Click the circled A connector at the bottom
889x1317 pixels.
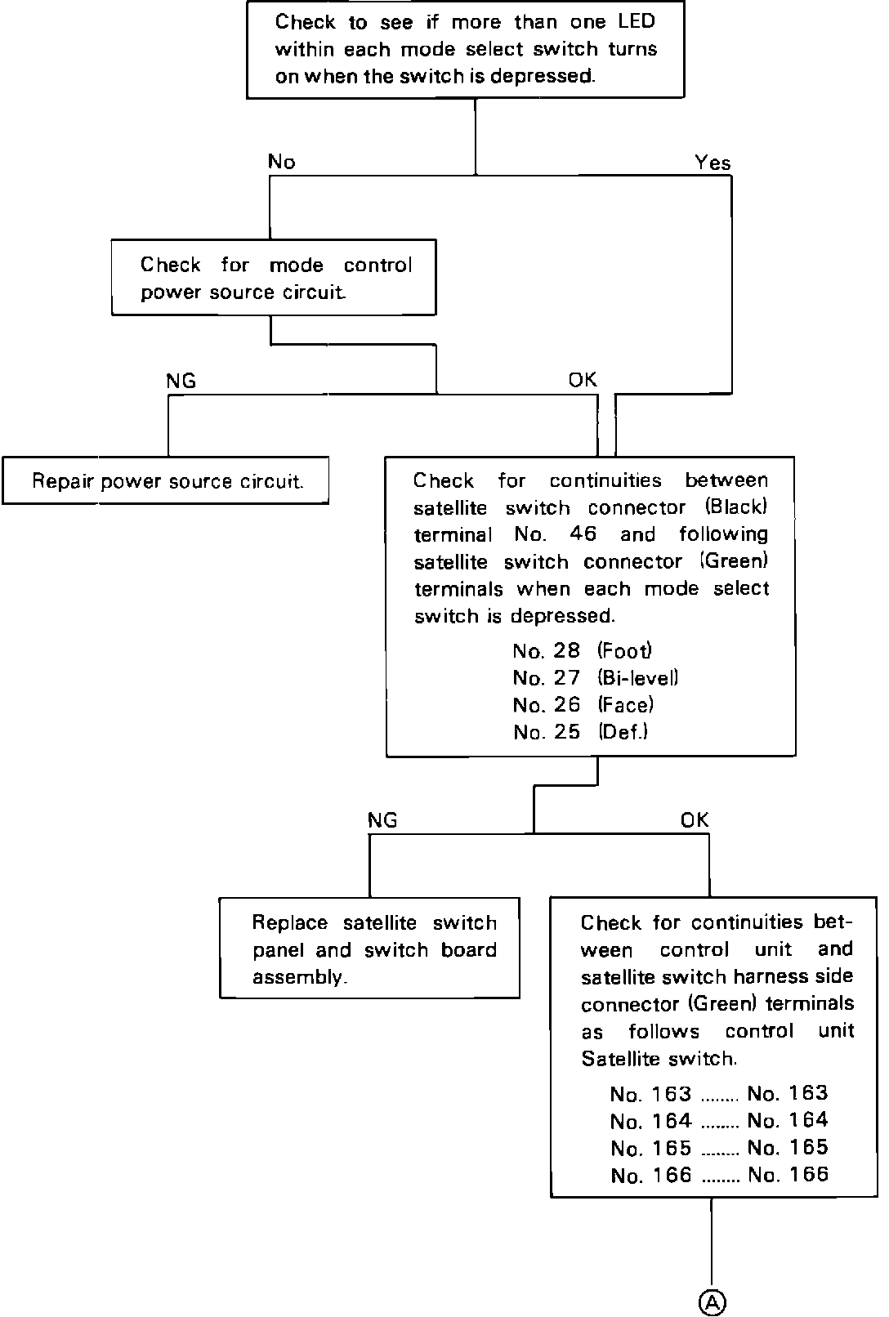[x=712, y=1301]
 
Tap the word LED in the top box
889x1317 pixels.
[x=637, y=21]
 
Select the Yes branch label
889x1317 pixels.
[x=713, y=163]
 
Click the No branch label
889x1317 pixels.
[x=281, y=162]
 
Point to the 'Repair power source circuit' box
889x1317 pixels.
[x=166, y=480]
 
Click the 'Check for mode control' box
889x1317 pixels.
[x=274, y=277]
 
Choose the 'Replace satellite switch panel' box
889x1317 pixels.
[x=369, y=948]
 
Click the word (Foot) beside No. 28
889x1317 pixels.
[x=625, y=651]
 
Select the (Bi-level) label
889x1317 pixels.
[x=638, y=678]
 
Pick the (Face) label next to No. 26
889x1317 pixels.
[x=626, y=705]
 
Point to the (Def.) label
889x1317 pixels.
[x=623, y=732]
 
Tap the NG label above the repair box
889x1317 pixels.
[x=181, y=381]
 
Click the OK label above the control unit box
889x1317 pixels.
[x=695, y=819]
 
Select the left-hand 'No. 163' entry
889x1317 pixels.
[x=650, y=1094]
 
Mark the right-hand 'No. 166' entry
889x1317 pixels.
[x=788, y=1175]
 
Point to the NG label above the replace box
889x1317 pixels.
[x=382, y=819]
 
